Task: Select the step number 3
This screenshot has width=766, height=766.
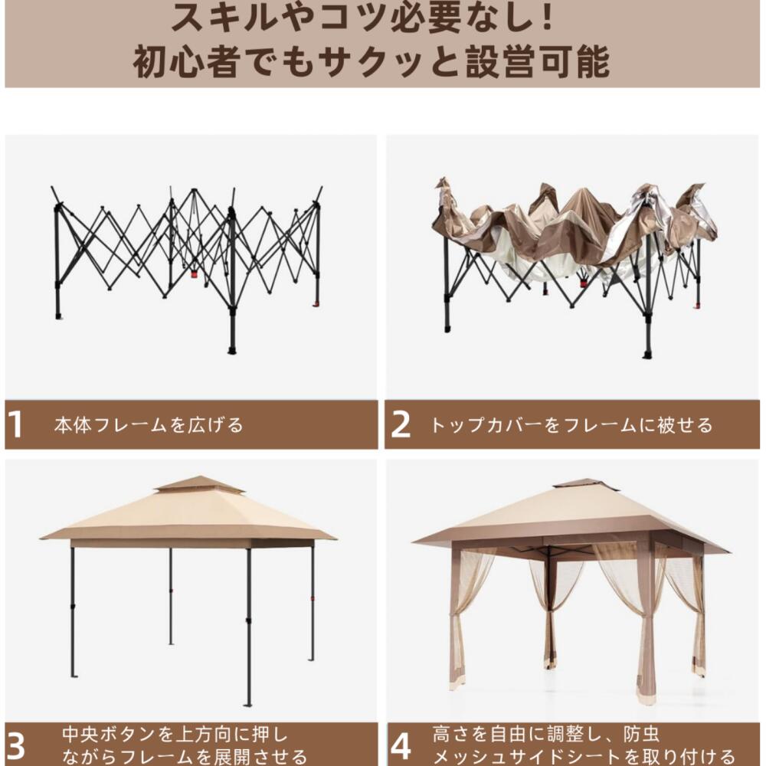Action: coord(16,745)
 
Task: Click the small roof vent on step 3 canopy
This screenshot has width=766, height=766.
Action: coord(188,485)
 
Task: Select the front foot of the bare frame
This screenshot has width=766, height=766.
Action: coord(232,349)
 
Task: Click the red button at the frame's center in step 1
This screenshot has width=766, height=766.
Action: coord(194,273)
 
